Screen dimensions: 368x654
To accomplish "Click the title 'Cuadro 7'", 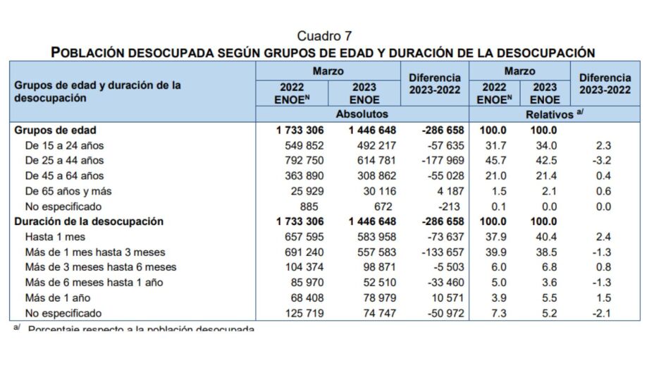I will click(x=324, y=36).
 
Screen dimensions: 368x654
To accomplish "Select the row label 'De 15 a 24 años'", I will click(x=65, y=145).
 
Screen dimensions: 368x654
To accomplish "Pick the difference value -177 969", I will click(x=438, y=161).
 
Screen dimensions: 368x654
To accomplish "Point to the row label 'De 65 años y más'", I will click(x=68, y=191).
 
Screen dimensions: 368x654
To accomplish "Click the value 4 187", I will click(x=446, y=191).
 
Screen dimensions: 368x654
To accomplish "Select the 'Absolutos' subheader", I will click(x=362, y=114).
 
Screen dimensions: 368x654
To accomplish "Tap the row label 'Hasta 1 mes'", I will click(x=56, y=237).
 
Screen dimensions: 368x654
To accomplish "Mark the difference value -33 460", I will click(x=442, y=283).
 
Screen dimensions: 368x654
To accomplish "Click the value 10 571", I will click(x=443, y=298).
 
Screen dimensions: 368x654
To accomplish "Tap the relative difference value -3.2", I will click(x=604, y=161).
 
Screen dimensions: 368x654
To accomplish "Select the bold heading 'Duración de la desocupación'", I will click(x=89, y=221).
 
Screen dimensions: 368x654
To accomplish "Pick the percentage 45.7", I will click(x=495, y=161).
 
